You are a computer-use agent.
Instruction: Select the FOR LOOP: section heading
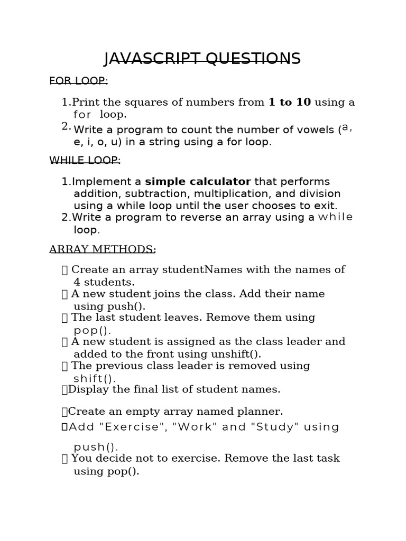click(78, 80)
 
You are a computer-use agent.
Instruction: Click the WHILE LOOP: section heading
click(85, 160)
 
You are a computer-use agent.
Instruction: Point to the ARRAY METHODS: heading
click(103, 249)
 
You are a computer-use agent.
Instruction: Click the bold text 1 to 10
click(290, 102)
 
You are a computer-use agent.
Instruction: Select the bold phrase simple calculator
click(198, 182)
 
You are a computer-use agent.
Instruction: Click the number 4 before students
click(77, 282)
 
